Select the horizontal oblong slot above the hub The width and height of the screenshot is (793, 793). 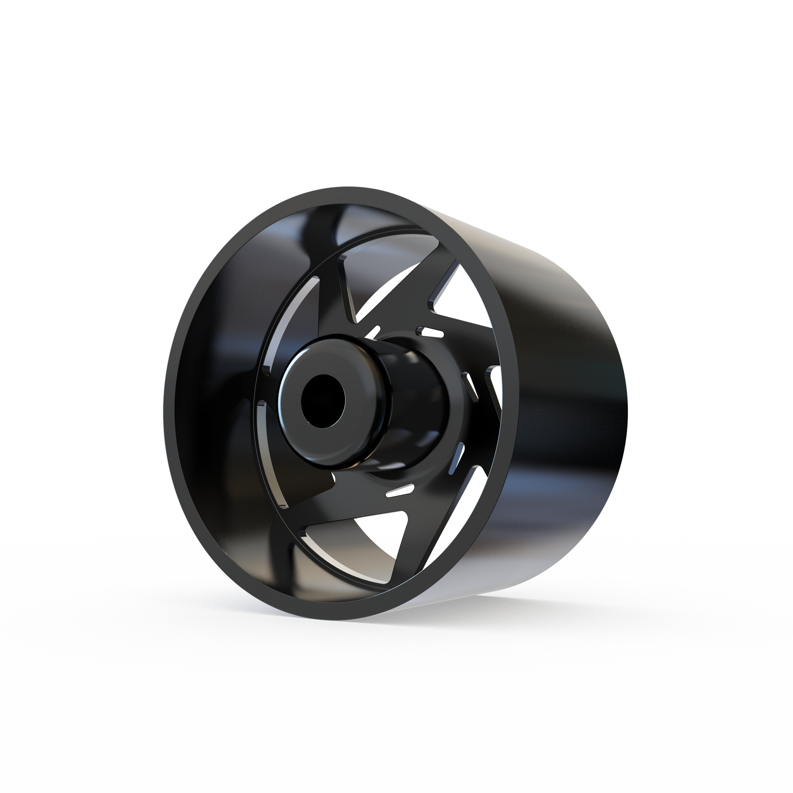pos(431,331)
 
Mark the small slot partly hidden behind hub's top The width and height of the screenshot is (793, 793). pos(373,332)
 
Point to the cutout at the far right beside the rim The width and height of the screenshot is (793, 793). pos(495,384)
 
